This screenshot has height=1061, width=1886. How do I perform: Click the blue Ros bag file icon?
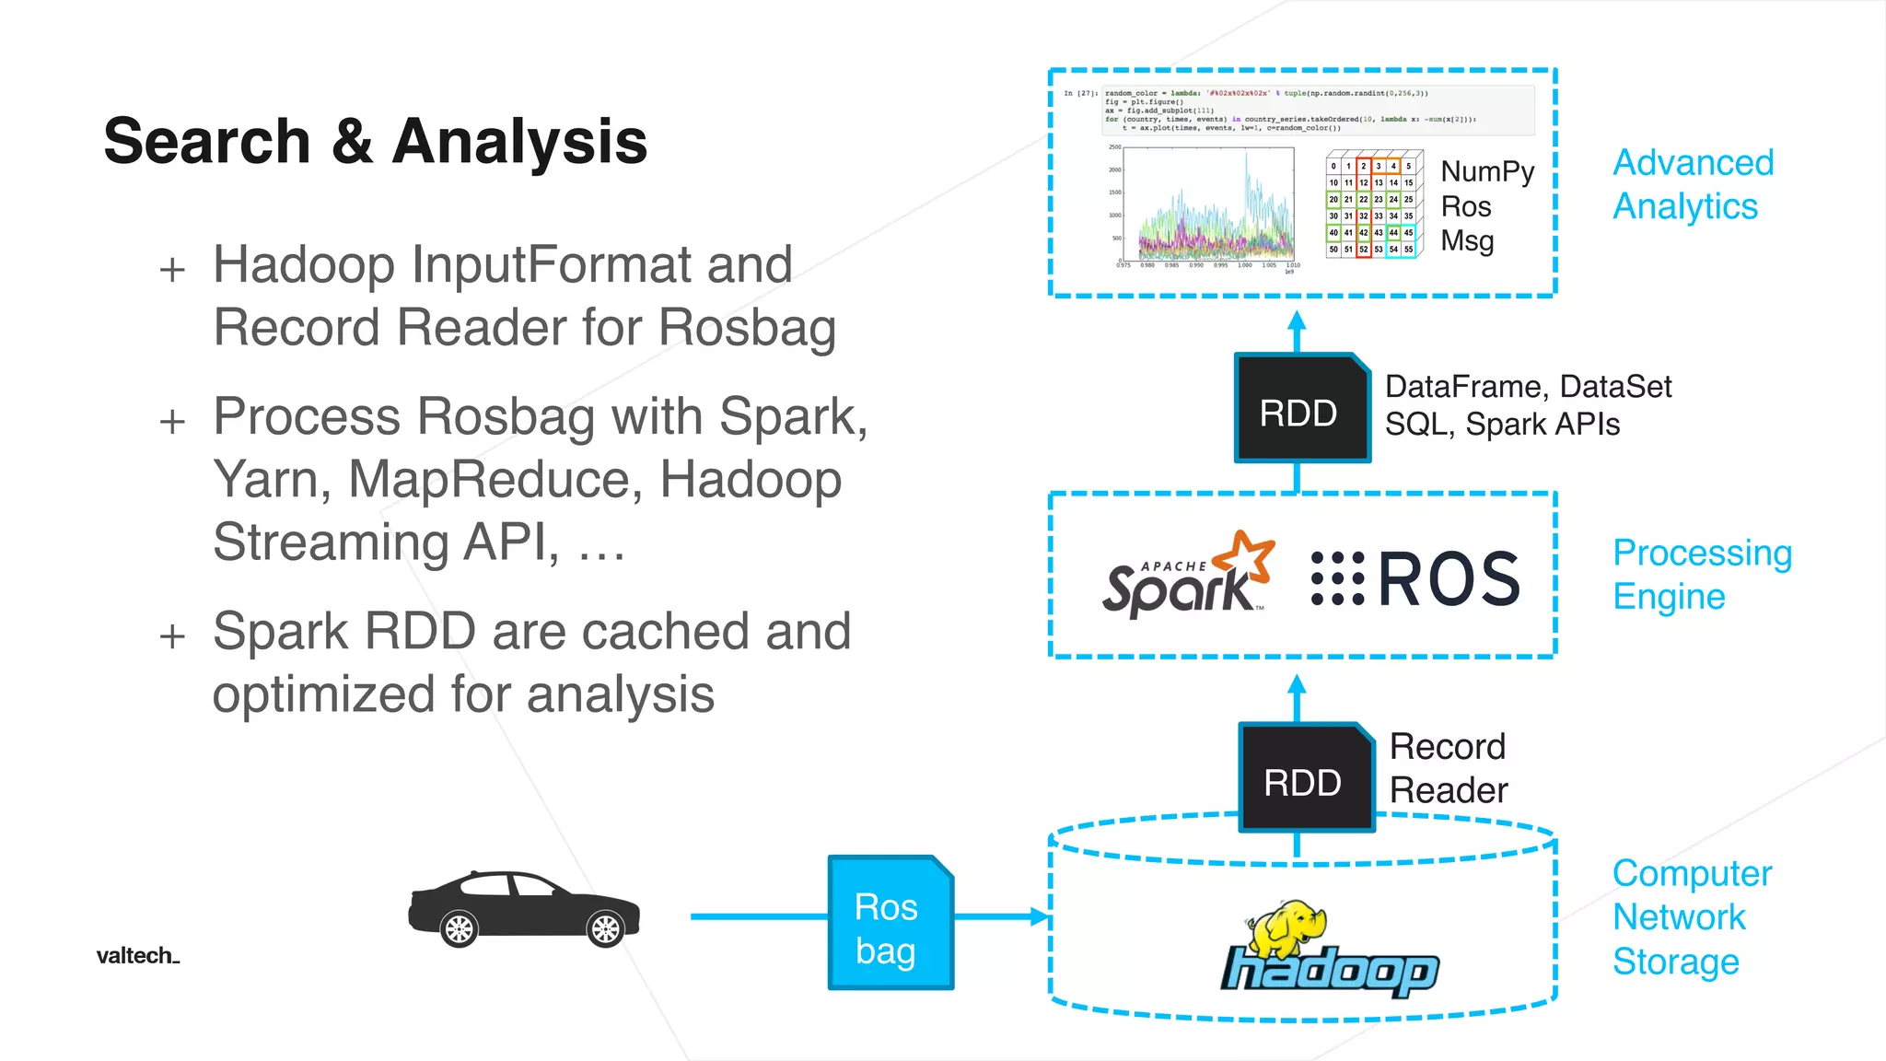pyautogui.click(x=891, y=924)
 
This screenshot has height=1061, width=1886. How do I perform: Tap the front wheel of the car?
pyautogui.click(x=606, y=928)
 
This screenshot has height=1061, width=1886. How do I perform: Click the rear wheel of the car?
pyautogui.click(x=459, y=928)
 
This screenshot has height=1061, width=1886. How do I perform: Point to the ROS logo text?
pyautogui.click(x=1449, y=579)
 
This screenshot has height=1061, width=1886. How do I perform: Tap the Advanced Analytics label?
pyautogui.click(x=1693, y=184)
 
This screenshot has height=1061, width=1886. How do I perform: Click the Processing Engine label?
pyautogui.click(x=1701, y=574)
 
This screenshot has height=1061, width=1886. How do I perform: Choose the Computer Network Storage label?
pyautogui.click(x=1691, y=916)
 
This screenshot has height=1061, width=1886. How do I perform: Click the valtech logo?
pyautogui.click(x=137, y=956)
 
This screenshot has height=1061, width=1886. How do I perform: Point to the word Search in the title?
pyautogui.click(x=207, y=142)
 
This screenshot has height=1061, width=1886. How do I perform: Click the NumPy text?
pyautogui.click(x=1487, y=171)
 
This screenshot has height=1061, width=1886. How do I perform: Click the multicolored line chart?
pyautogui.click(x=1206, y=208)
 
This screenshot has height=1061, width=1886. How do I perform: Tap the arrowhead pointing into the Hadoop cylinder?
pyautogui.click(x=1040, y=916)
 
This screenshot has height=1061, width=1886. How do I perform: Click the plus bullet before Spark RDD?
pyautogui.click(x=172, y=636)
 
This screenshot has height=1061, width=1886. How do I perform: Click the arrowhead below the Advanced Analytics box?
pyautogui.click(x=1297, y=321)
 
